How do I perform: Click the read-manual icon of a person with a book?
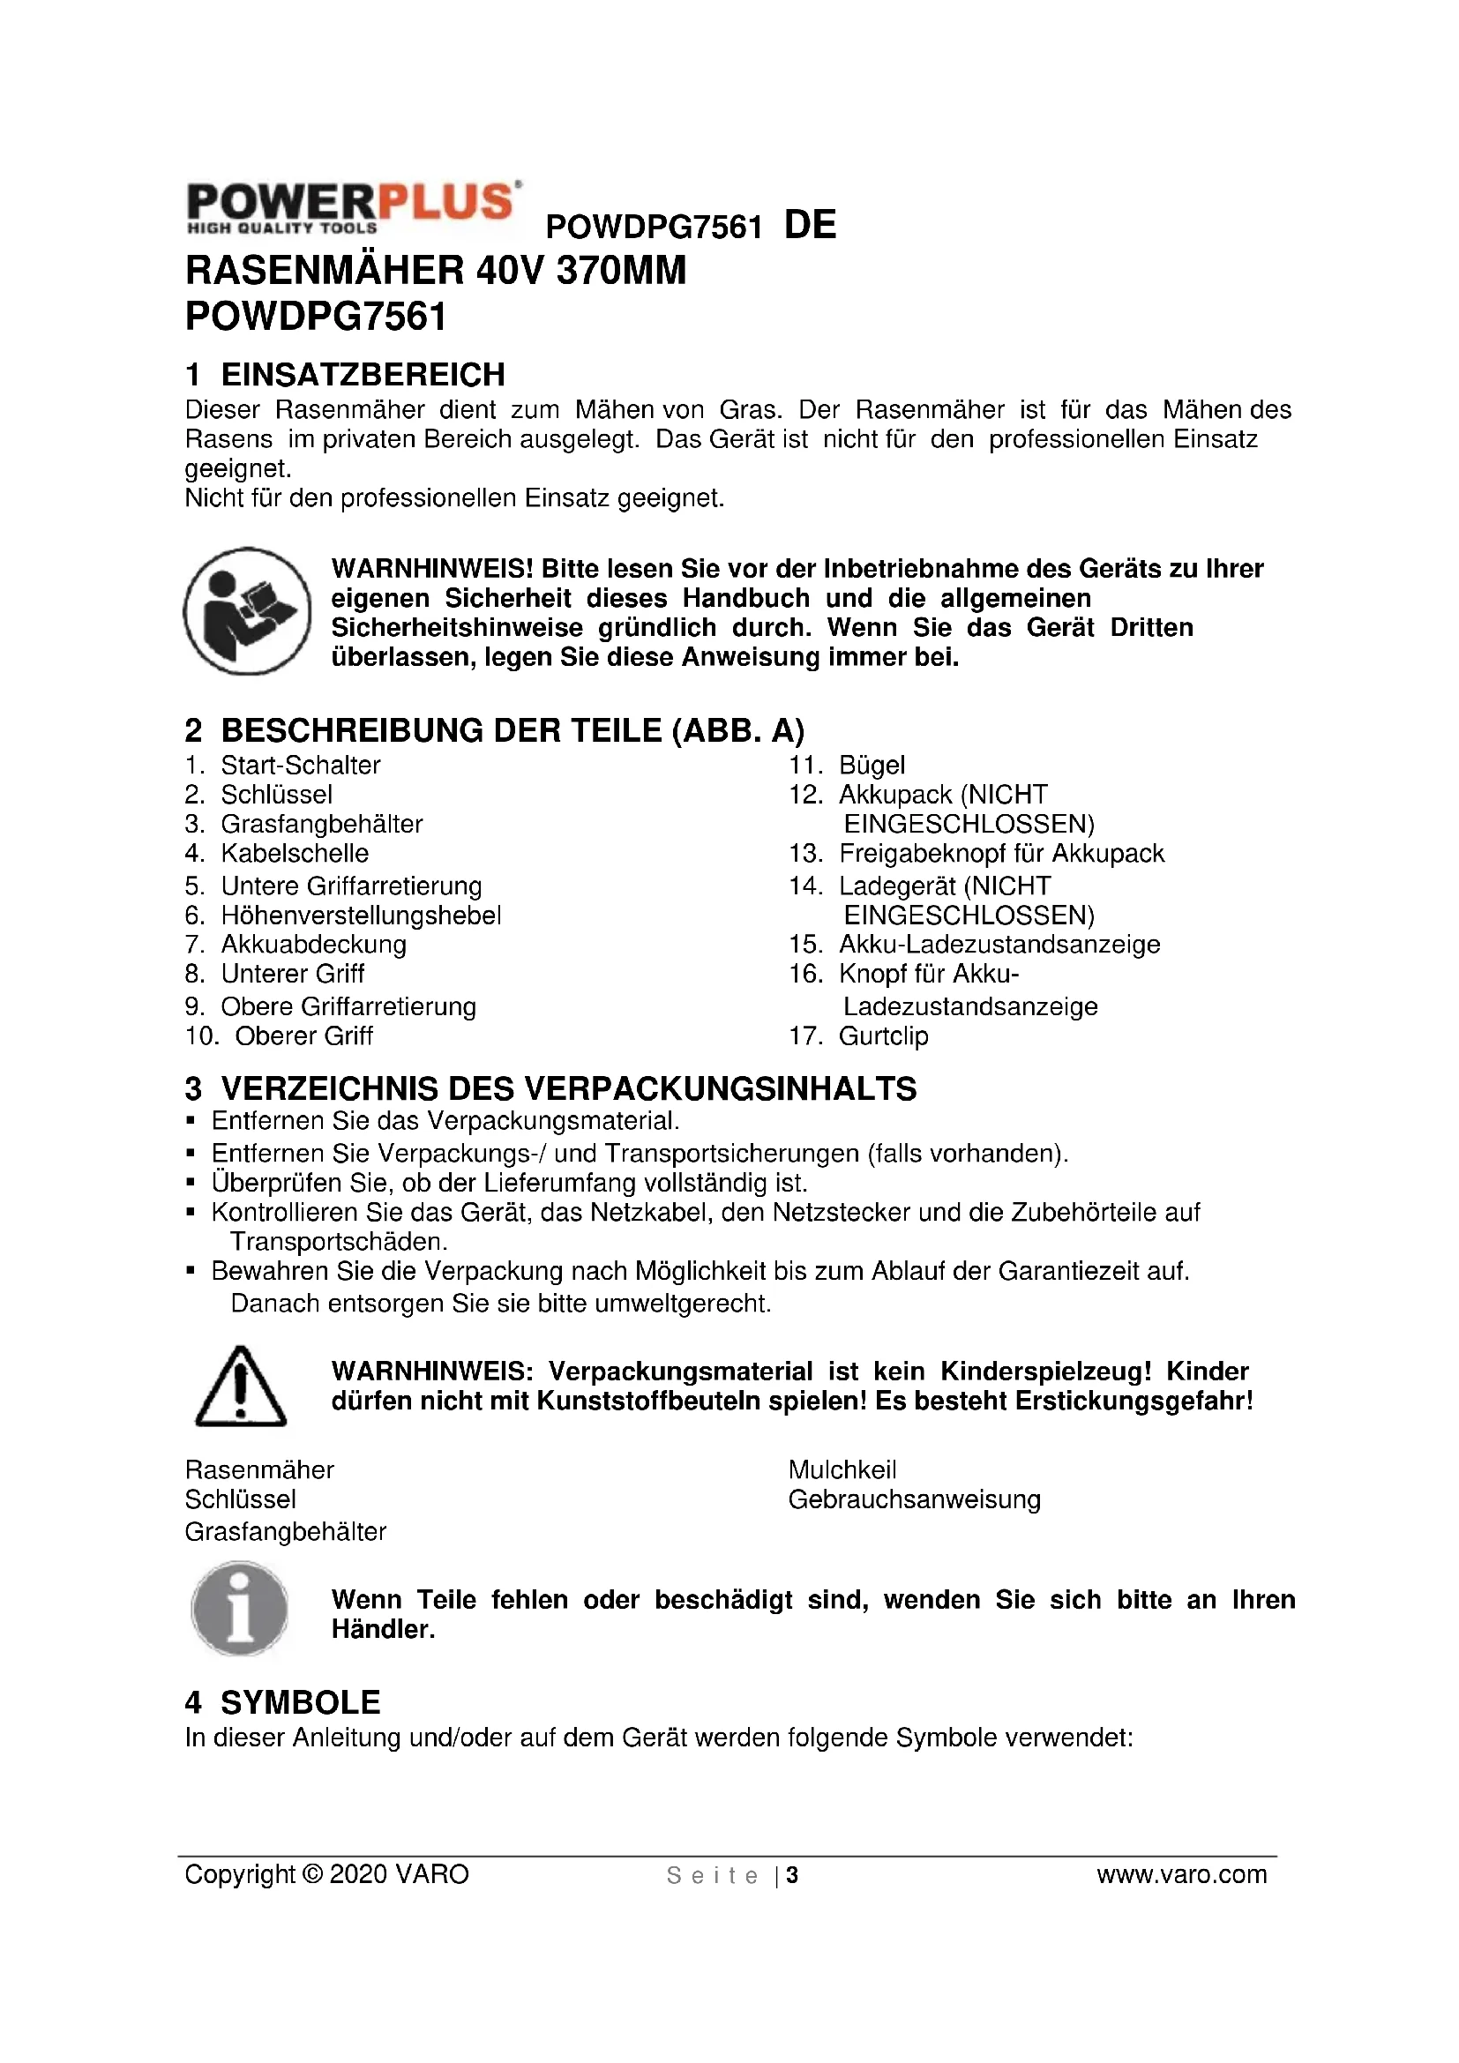click(247, 611)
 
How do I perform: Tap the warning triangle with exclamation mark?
click(241, 1387)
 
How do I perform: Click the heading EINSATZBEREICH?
click(363, 374)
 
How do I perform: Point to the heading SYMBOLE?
click(300, 1702)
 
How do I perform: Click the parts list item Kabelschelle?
click(295, 853)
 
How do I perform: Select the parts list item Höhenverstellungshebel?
click(361, 915)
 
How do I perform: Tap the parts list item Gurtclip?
click(883, 1035)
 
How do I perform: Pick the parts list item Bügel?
click(872, 765)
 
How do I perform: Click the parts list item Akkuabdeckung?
click(313, 944)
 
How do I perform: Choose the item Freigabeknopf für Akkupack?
click(1001, 853)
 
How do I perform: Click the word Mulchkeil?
click(842, 1470)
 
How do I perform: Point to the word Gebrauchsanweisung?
click(915, 1499)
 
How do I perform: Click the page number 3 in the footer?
click(792, 1875)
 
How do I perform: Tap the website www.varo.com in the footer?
click(1181, 1874)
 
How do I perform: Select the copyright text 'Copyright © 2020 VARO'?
click(327, 1874)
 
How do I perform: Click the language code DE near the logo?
click(811, 225)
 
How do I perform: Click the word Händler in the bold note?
click(383, 1629)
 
